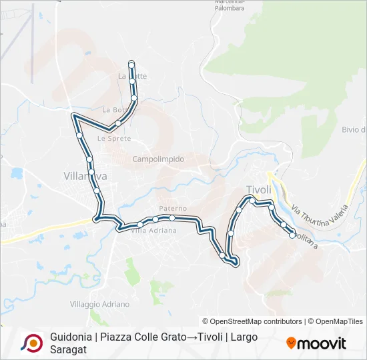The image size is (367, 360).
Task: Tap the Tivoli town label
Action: point(259,189)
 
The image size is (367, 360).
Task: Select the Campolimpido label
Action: point(158,159)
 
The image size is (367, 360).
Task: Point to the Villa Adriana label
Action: point(153,231)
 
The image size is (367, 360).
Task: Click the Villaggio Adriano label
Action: point(100,304)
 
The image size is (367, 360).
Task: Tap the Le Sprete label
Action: point(113,139)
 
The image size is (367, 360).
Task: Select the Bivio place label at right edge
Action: point(354,129)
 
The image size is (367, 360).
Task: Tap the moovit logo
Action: point(316,343)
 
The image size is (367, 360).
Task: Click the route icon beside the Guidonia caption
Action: point(31,343)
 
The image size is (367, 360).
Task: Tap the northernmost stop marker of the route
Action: point(131,63)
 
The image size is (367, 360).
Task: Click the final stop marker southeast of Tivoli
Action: point(292,234)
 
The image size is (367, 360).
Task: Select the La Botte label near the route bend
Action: point(113,109)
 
